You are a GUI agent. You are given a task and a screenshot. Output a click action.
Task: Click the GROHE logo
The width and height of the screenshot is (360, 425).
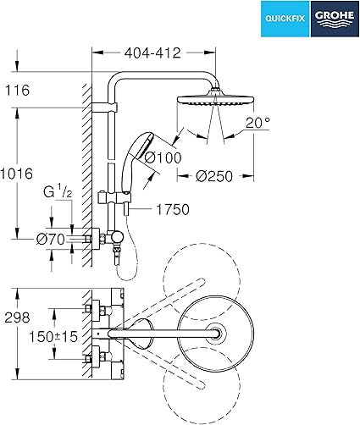point(335,19)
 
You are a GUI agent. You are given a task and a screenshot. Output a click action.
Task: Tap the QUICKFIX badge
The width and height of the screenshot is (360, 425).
point(285,19)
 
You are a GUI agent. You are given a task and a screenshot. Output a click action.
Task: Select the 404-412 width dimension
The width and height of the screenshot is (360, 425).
point(152,52)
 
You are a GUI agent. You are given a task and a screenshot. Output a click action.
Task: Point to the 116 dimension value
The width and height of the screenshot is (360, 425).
point(18,91)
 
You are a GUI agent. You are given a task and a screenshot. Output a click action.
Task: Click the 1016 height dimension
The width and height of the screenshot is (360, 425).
point(16,174)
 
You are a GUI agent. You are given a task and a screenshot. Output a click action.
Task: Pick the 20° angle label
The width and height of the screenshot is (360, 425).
point(258,123)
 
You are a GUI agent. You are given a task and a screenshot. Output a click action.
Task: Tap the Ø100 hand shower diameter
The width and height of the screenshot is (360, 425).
point(163,157)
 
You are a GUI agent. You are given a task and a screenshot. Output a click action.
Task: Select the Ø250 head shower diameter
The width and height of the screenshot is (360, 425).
point(214,176)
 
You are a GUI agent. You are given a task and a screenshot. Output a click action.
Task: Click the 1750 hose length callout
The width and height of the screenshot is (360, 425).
point(173,210)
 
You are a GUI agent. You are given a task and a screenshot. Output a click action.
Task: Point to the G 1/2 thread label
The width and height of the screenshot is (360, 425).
point(58,192)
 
